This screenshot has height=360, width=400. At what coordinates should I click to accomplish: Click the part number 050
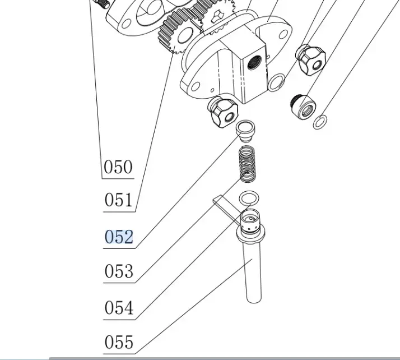tap(118, 167)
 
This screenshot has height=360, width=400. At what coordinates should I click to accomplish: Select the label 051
tap(119, 200)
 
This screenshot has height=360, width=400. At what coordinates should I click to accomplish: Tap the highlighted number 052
tap(119, 237)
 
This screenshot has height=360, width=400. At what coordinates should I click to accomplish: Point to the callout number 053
tap(119, 271)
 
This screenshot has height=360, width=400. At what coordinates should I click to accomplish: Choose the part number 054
tap(119, 308)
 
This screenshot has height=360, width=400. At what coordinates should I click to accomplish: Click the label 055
tap(119, 341)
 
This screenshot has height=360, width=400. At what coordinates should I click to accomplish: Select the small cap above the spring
tap(245, 130)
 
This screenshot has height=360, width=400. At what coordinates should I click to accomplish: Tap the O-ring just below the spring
tap(249, 198)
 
